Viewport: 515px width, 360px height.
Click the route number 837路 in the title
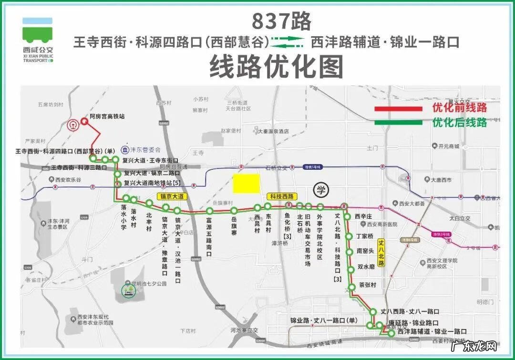pos(281,21)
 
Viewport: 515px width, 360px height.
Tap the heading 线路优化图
pos(277,66)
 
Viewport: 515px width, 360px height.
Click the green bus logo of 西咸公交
pos(37,34)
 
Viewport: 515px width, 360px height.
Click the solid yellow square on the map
pos(246,184)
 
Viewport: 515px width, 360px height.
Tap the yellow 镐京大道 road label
pos(172,196)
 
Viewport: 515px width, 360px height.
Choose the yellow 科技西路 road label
pos(281,196)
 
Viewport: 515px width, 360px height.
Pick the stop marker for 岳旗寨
pos(234,211)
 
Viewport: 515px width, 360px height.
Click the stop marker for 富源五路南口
pos(209,211)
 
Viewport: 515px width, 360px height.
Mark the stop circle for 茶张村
pos(352,287)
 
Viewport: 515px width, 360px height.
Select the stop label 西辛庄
pos(366,216)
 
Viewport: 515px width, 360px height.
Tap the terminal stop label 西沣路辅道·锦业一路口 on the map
pos(432,331)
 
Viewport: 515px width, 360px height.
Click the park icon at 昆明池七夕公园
pos(128,289)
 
